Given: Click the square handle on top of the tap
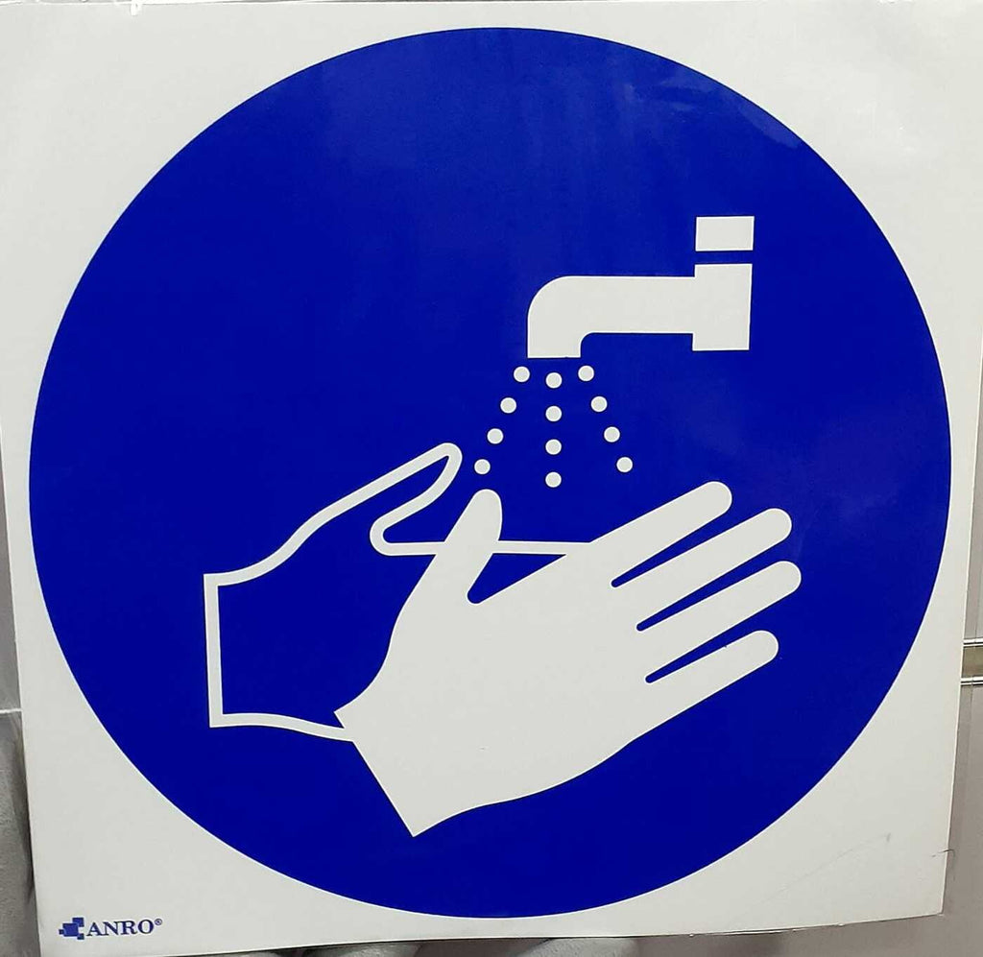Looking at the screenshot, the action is tap(725, 232).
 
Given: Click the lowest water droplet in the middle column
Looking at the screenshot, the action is tap(553, 479).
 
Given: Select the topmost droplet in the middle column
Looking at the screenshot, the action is tap(554, 380).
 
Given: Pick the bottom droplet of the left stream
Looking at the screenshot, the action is tap(482, 467).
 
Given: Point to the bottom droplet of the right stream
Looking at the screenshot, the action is tap(624, 465).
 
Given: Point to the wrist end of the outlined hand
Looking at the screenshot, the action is tap(213, 649).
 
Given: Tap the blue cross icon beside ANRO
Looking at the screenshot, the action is tap(71, 928).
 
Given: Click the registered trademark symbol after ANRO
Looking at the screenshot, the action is tap(158, 921).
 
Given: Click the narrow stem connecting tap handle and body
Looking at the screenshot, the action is tap(724, 257).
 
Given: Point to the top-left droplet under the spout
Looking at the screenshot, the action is tap(521, 374).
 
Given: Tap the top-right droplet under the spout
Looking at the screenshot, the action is tap(587, 373).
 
